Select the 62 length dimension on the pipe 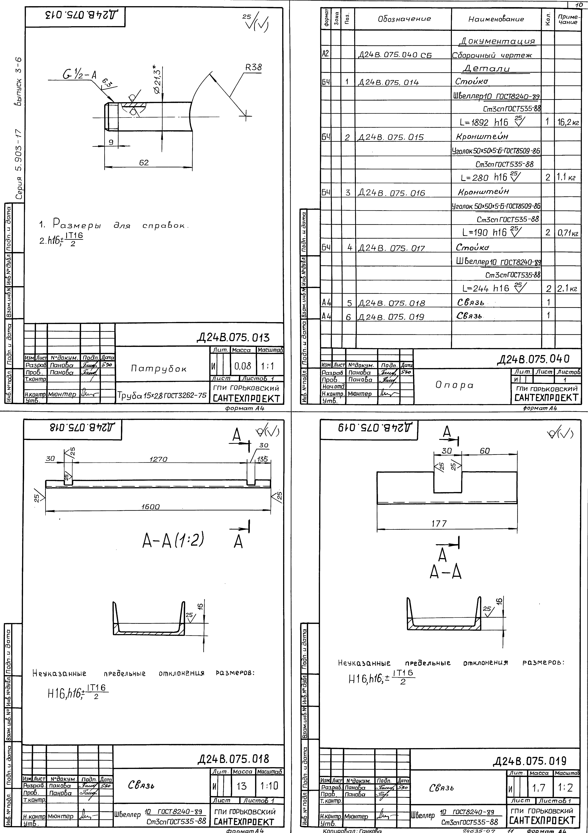pos(144,163)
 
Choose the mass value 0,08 pos(242,366)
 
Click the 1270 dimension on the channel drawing pos(158,459)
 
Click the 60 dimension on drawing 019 pos(485,451)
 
